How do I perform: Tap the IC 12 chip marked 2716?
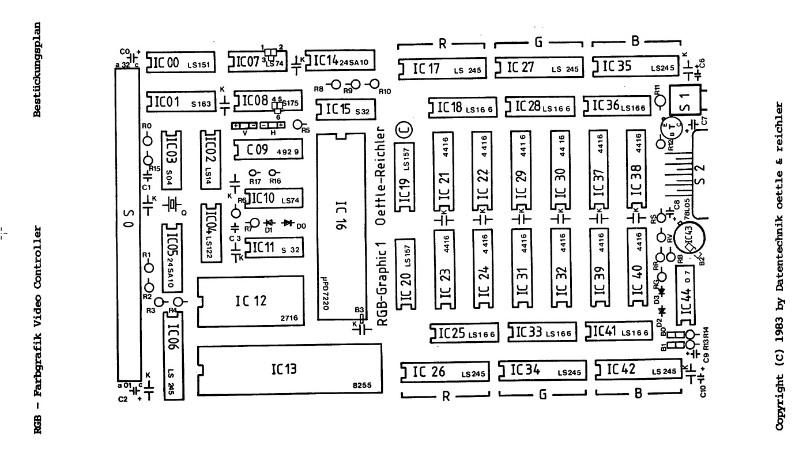coord(250,301)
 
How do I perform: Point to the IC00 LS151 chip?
coord(181,63)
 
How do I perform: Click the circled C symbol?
coord(402,130)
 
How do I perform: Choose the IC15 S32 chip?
coord(341,109)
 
